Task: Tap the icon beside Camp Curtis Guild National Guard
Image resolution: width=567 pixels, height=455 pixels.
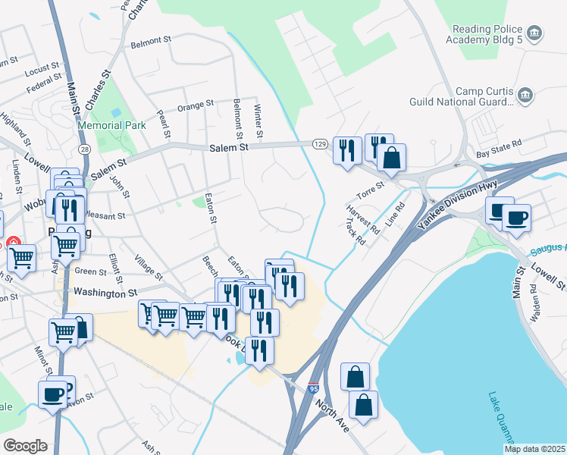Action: coord(526,96)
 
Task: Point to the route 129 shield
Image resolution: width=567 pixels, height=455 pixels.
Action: coord(321,143)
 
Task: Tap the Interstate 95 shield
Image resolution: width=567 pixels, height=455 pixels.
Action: coord(314,389)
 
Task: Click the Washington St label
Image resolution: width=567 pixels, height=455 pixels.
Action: coord(105,291)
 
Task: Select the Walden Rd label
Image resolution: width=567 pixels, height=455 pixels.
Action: coord(535,303)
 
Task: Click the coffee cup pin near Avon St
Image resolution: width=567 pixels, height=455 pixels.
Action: coord(52,394)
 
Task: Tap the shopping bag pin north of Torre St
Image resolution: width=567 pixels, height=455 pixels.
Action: coord(392,158)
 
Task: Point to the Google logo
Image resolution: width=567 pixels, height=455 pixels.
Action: coord(26,446)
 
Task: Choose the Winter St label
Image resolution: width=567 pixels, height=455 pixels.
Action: coord(258,121)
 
